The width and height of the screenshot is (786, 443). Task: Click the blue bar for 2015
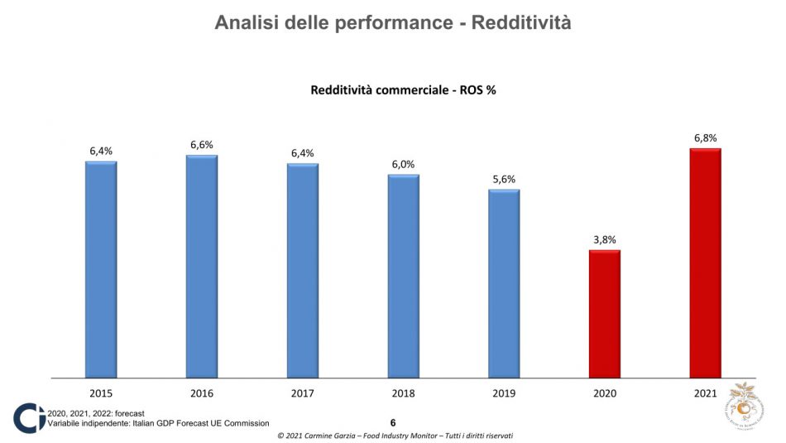pos(101,269)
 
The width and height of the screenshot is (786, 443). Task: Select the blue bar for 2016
pos(202,266)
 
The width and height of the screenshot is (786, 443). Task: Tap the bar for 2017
pos(303,270)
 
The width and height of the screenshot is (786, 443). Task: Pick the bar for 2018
pos(403,276)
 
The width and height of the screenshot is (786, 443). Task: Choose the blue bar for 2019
pos(504,283)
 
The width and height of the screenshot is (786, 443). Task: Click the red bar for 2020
pos(604,314)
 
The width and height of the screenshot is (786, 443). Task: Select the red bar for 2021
pos(705,262)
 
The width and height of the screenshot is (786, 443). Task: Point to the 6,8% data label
pos(705,138)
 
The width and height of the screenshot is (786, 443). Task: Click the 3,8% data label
pos(604,240)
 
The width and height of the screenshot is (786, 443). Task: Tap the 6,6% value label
pos(202,145)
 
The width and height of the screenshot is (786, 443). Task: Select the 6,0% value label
pos(403,164)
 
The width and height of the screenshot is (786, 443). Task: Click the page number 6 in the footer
pos(393,422)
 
